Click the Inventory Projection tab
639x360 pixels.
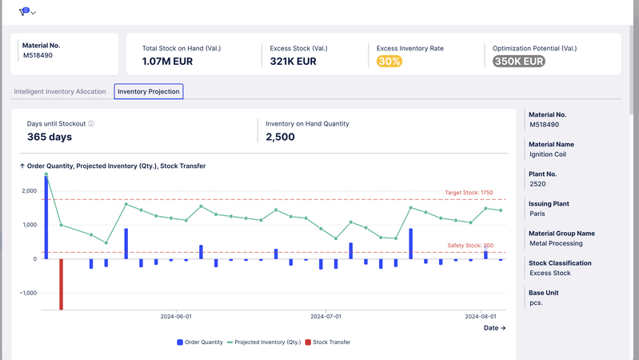pyautogui.click(x=149, y=91)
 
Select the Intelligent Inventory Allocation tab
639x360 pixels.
pyautogui.click(x=60, y=91)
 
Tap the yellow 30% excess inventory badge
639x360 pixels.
pyautogui.click(x=389, y=62)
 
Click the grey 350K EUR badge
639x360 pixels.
pyautogui.click(x=519, y=62)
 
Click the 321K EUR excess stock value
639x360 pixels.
pyautogui.click(x=293, y=62)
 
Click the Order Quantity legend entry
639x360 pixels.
pyautogui.click(x=201, y=342)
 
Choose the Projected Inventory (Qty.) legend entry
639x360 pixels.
pyautogui.click(x=265, y=342)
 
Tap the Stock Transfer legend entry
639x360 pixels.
pyautogui.click(x=328, y=342)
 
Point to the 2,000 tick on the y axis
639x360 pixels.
pyautogui.click(x=30, y=191)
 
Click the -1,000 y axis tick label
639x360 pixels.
pyautogui.click(x=27, y=293)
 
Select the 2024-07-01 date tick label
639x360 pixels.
pyautogui.click(x=326, y=317)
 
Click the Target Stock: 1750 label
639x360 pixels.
pyautogui.click(x=474, y=193)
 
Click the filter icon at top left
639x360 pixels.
pyautogui.click(x=24, y=12)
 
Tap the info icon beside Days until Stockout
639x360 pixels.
pyautogui.click(x=91, y=124)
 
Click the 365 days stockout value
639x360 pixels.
pyautogui.click(x=50, y=137)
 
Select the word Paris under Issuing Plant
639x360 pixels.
pyautogui.click(x=538, y=214)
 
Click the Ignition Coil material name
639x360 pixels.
pyautogui.click(x=548, y=154)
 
